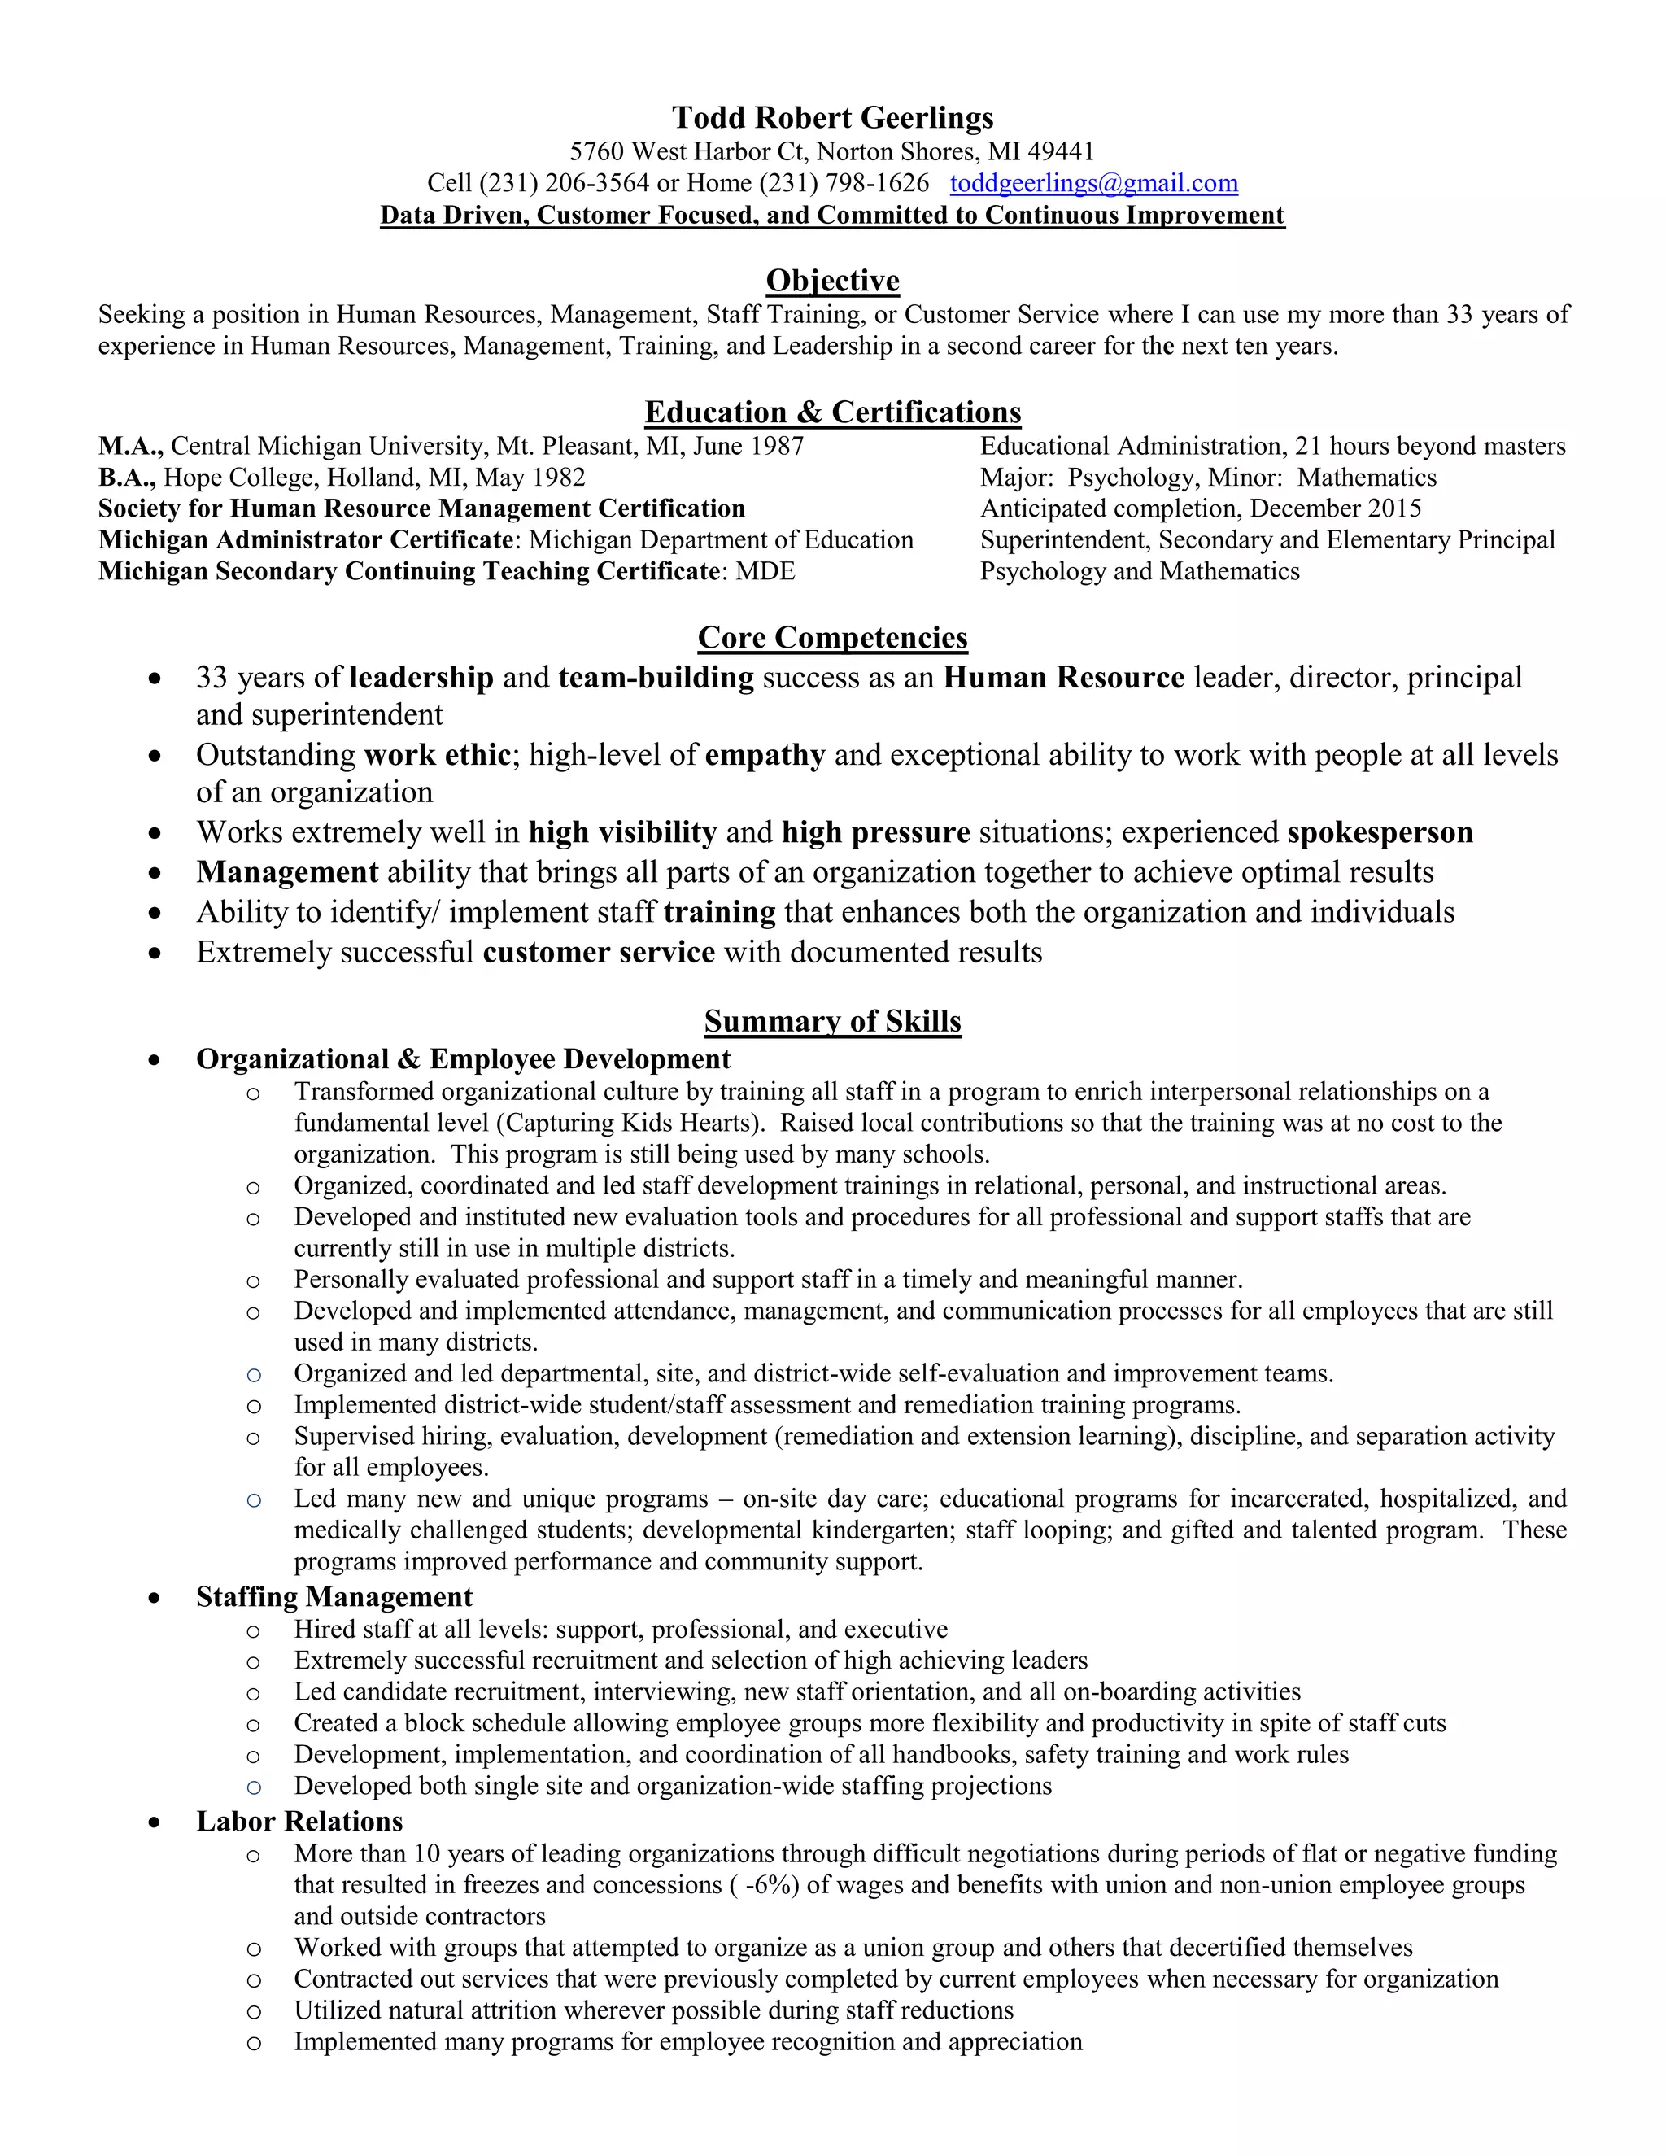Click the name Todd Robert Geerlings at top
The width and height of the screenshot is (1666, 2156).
(x=832, y=117)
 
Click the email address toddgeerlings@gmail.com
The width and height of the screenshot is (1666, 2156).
(x=1093, y=184)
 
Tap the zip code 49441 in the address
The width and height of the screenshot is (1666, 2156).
(x=1061, y=151)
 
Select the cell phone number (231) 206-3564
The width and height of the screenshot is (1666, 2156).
(x=565, y=184)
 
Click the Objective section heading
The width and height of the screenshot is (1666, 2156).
(x=832, y=281)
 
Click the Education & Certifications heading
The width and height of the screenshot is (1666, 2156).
(x=832, y=412)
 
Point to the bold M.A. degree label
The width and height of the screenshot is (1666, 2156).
(x=130, y=446)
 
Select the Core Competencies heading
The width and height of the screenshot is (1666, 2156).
(x=832, y=638)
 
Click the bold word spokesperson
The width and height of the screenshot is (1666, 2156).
(x=1380, y=832)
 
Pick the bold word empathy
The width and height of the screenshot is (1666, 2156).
(x=765, y=755)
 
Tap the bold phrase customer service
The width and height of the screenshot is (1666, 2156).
(x=598, y=953)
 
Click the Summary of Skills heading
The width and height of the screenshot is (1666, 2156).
(x=832, y=1021)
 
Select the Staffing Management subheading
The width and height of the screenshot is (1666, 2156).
(x=334, y=1597)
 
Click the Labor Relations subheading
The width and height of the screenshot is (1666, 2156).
(x=299, y=1822)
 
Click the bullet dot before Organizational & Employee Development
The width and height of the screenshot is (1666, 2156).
(x=154, y=1060)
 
